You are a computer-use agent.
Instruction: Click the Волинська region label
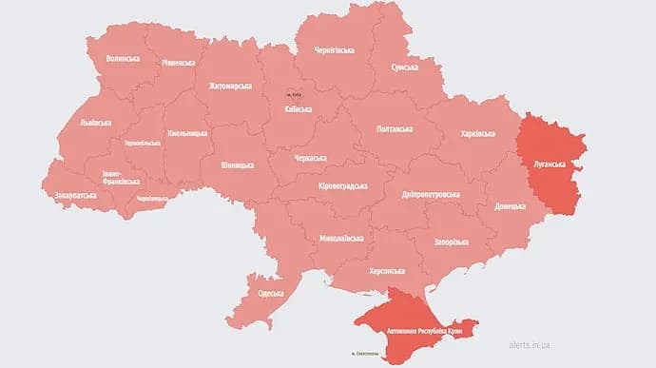tap(123, 59)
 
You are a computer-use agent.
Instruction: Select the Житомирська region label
tap(229, 87)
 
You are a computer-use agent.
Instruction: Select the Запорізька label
tap(448, 242)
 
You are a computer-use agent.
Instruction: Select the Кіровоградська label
tap(342, 186)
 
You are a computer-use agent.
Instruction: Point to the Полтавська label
tap(395, 128)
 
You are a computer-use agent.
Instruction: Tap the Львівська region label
tap(94, 123)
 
